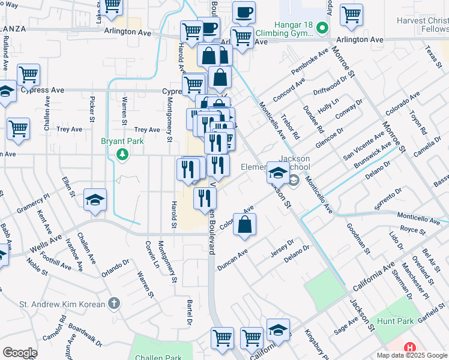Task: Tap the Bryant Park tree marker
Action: pos(123,155)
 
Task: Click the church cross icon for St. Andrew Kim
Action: pos(114,304)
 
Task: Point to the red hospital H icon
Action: pos(410,347)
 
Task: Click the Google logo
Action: pos(20,353)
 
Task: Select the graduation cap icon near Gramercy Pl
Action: pos(95,200)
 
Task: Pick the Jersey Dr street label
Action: pos(282,248)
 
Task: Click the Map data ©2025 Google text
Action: pos(412,355)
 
